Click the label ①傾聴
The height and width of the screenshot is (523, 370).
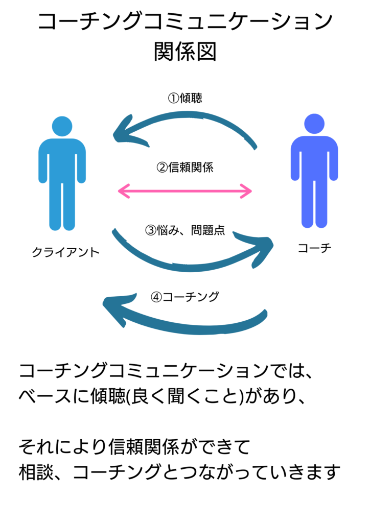tap(185, 98)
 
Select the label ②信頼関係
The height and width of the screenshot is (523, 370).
tap(184, 168)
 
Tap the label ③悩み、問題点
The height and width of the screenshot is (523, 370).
tap(185, 230)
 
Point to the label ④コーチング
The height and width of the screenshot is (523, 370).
tap(184, 297)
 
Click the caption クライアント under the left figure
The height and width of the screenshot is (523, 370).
tap(66, 252)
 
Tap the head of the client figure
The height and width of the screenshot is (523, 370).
tap(62, 126)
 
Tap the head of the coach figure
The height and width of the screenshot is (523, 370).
tap(314, 124)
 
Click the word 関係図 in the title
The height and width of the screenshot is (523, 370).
tap(185, 51)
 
